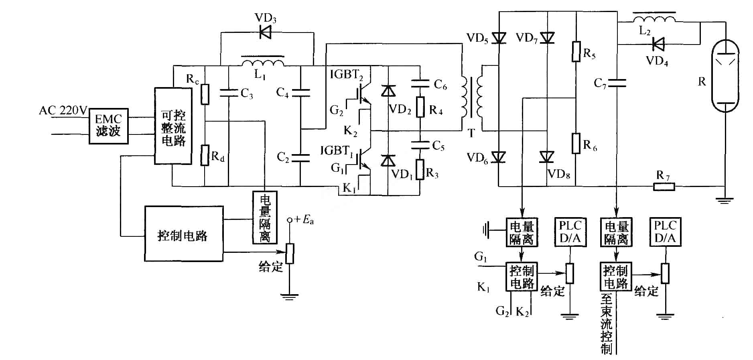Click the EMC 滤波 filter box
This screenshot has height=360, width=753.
tap(108, 126)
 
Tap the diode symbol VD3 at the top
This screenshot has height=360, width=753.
tap(264, 32)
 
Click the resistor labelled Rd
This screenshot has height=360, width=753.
tap(205, 155)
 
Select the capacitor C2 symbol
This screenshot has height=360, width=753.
tap(300, 157)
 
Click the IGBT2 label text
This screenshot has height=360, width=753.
tap(347, 75)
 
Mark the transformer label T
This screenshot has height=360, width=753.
tap(471, 133)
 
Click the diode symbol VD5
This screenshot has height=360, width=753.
tap(499, 37)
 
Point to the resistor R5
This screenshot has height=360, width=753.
tap(576, 51)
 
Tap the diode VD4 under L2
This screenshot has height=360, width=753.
tap(658, 44)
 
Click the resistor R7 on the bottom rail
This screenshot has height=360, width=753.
tap(664, 187)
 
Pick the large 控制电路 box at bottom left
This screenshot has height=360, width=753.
tap(184, 234)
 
